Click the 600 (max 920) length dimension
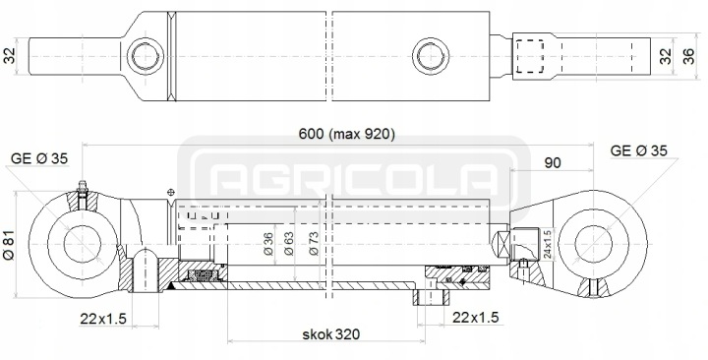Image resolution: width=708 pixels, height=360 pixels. pyautogui.click(x=347, y=134)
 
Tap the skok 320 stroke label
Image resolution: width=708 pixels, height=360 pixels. pyautogui.click(x=331, y=334)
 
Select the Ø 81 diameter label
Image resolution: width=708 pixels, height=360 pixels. pyautogui.click(x=9, y=245)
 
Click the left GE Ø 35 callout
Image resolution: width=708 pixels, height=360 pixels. pyautogui.click(x=38, y=158)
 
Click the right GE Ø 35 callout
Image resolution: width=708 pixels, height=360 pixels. pyautogui.click(x=638, y=150)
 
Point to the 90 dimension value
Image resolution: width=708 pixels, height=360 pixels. pyautogui.click(x=553, y=162)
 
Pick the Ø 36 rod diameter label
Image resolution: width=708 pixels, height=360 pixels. pyautogui.click(x=267, y=244)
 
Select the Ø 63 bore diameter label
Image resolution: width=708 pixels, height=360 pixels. pyautogui.click(x=288, y=244)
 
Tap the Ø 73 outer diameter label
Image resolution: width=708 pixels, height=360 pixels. pyautogui.click(x=314, y=244)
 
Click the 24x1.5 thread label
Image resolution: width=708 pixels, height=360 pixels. pyautogui.click(x=547, y=244)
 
